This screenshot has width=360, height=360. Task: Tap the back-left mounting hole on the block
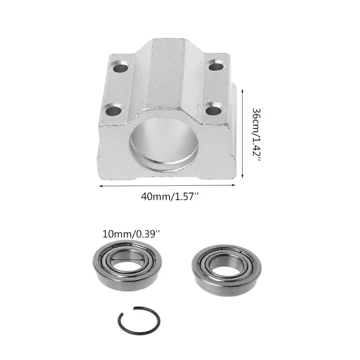pos(120,69)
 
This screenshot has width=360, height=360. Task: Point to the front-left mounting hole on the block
pos(113,109)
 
